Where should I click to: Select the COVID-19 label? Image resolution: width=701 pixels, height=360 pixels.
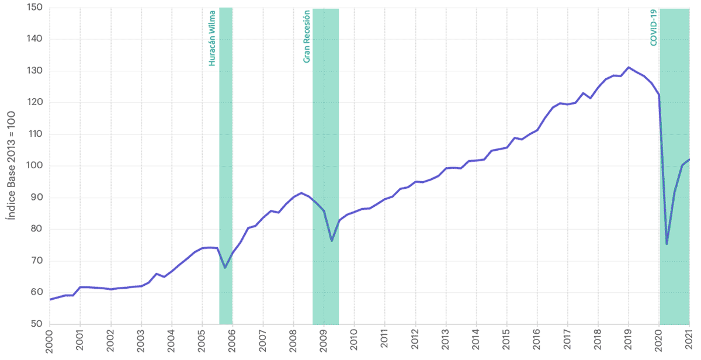pyautogui.click(x=653, y=27)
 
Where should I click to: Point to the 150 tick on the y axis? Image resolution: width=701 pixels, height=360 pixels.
pyautogui.click(x=36, y=8)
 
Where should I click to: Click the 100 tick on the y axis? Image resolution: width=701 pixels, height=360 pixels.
pyautogui.click(x=36, y=166)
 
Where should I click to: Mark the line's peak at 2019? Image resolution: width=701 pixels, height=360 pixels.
pyautogui.click(x=629, y=67)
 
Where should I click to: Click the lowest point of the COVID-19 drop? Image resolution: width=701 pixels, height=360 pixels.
pyautogui.click(x=667, y=244)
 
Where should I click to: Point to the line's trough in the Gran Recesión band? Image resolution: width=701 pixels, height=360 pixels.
pyautogui.click(x=331, y=241)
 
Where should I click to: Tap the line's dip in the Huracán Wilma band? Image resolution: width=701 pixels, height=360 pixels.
pyautogui.click(x=225, y=268)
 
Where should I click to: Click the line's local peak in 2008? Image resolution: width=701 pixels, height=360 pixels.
pyautogui.click(x=301, y=193)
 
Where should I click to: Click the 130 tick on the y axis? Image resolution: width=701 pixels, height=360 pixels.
pyautogui.click(x=36, y=71)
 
